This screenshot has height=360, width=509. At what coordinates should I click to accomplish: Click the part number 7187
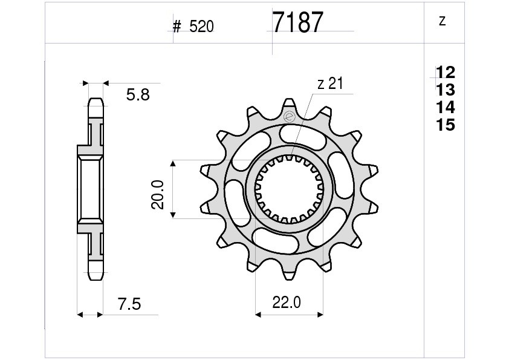click(x=297, y=22)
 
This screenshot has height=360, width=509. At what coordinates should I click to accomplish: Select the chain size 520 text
click(x=201, y=27)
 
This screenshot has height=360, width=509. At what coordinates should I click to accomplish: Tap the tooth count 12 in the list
click(x=446, y=72)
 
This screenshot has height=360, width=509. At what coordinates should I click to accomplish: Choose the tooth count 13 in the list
click(x=446, y=90)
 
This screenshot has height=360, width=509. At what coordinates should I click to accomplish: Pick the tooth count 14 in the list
click(x=446, y=107)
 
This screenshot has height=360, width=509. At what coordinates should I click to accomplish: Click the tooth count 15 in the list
click(x=446, y=125)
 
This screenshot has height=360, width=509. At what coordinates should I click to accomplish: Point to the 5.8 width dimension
click(x=138, y=95)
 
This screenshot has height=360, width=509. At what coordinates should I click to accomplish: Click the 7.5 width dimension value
click(x=129, y=304)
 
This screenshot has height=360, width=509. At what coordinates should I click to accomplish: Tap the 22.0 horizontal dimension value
click(x=287, y=303)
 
